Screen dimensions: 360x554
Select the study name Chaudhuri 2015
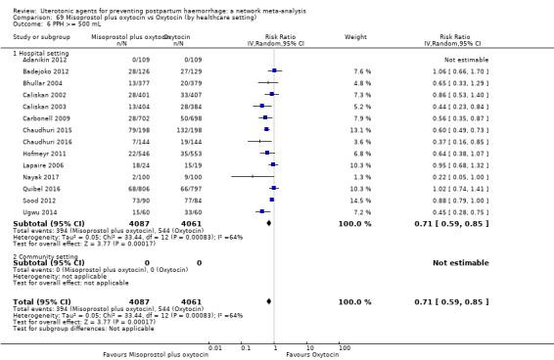coord(35,128)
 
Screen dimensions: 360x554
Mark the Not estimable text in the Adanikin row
coord(466,60)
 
